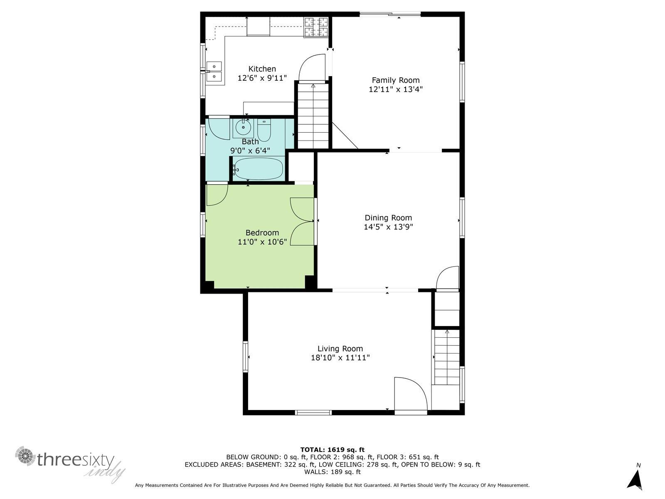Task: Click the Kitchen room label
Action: (262, 69)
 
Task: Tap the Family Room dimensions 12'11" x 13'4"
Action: (396, 89)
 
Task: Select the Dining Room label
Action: (388, 217)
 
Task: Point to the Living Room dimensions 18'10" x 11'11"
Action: (340, 358)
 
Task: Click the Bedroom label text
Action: (262, 233)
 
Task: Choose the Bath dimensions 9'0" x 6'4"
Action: (250, 151)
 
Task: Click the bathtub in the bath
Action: (258, 169)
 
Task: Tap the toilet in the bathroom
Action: (264, 130)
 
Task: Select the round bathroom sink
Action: (243, 127)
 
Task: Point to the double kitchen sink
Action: (214, 71)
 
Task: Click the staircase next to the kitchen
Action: (313, 116)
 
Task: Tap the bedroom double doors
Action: (302, 221)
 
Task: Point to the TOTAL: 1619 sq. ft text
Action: (332, 450)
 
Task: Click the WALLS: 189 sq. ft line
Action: (332, 472)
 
